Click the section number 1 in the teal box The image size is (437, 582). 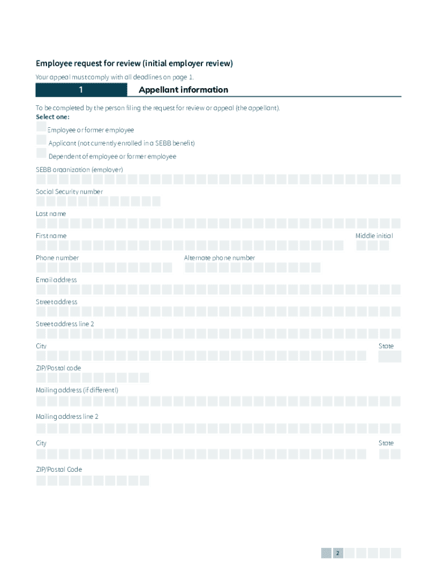click(81, 90)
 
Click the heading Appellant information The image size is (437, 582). click(183, 90)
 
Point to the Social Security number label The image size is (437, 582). click(69, 192)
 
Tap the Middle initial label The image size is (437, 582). click(374, 236)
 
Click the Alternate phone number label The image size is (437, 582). click(219, 258)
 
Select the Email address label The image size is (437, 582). click(56, 280)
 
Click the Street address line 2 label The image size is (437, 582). click(65, 324)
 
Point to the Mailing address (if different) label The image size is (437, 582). click(77, 390)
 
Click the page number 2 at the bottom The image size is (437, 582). click(338, 553)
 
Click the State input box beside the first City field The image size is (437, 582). click(390, 357)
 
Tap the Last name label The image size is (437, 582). click(51, 214)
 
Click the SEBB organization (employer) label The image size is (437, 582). click(79, 170)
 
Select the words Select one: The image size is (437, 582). click(53, 117)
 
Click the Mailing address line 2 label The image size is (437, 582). click(67, 417)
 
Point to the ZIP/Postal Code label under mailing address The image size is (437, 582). click(59, 469)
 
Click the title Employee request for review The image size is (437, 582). click(135, 64)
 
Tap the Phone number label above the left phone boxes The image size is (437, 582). click(57, 258)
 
